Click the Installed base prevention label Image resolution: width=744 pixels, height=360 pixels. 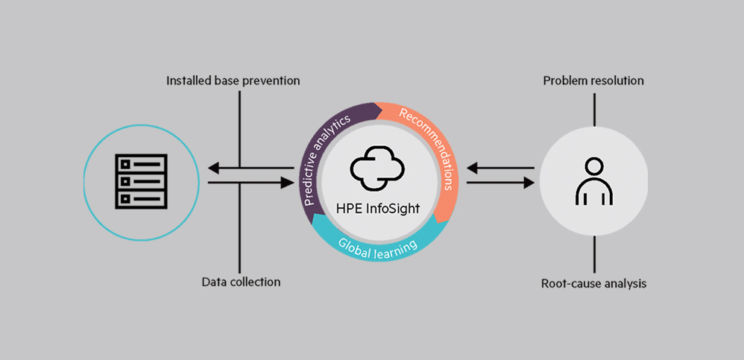[233, 80]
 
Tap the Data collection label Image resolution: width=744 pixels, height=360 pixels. [241, 282]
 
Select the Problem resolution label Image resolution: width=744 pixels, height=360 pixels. [593, 80]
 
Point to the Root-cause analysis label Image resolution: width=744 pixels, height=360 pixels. [593, 283]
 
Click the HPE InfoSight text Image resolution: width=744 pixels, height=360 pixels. [377, 209]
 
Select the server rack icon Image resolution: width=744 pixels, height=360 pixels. [140, 181]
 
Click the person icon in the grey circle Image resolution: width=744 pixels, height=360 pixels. [593, 181]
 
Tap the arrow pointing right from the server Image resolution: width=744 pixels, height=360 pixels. [250, 181]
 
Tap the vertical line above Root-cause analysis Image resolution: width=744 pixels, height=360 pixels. [594, 256]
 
